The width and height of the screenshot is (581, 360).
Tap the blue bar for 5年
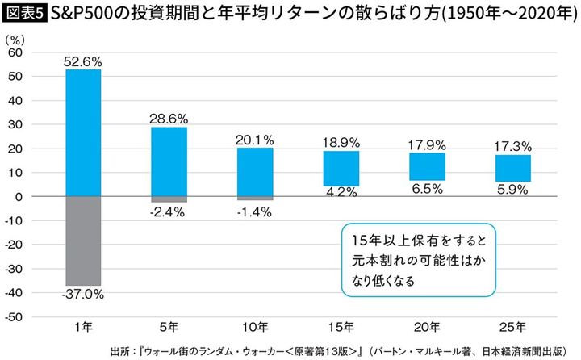tap(169, 161)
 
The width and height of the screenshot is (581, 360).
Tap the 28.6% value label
tap(169, 118)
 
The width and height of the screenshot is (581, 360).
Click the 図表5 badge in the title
tap(24, 13)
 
